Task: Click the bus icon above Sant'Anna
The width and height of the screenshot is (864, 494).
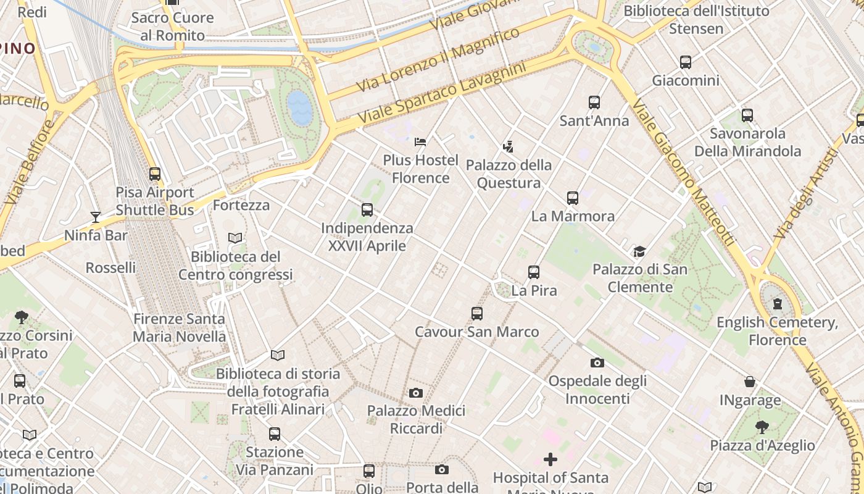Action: point(594,103)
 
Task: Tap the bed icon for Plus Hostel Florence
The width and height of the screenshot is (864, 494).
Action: point(420,142)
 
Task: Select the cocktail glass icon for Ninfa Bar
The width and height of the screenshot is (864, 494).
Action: point(96,217)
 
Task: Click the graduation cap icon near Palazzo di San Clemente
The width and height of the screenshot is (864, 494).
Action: point(639,251)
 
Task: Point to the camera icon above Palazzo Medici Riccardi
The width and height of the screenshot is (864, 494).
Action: point(416,393)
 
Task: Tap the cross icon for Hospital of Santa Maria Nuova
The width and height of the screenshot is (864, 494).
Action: point(550,459)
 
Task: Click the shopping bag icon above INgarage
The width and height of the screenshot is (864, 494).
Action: point(750,382)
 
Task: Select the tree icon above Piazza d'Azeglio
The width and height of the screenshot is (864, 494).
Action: point(762,427)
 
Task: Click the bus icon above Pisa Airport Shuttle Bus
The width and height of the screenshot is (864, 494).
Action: point(155,174)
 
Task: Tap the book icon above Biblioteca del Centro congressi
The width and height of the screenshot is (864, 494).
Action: point(235,238)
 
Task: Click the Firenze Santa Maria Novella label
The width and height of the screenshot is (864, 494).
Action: point(179,328)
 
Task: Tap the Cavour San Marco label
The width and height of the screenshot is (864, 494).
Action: point(476,332)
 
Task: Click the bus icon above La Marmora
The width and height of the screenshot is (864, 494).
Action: point(573,198)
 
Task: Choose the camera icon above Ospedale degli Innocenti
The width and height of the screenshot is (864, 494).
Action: point(597,362)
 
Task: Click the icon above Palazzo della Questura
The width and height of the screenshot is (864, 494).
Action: point(508,147)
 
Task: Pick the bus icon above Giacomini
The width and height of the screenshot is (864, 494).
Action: point(686,62)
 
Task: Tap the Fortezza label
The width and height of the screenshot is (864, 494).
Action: point(241,205)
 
